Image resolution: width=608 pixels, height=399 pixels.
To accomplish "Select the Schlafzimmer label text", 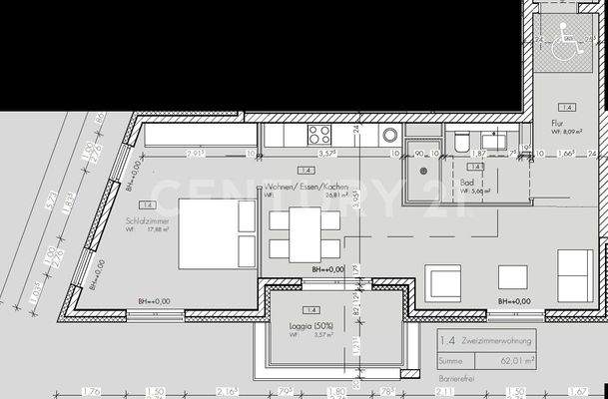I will click(x=145, y=221).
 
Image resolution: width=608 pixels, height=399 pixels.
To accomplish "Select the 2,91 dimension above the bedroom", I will click(x=197, y=155).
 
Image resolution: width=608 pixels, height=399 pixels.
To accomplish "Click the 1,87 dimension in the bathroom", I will click(x=479, y=155).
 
